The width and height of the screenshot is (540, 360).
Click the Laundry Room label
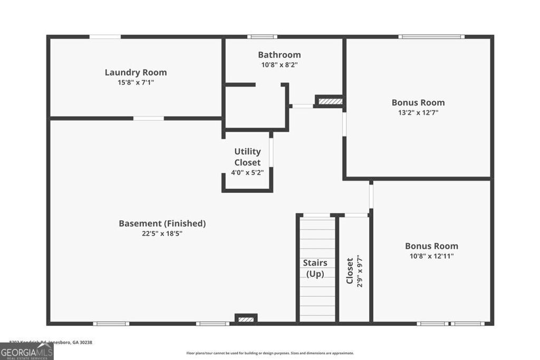136,73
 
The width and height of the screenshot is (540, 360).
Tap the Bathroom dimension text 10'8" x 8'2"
279,65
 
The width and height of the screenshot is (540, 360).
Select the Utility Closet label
247,157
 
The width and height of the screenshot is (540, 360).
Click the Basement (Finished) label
162,223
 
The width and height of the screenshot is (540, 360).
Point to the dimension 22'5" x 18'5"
162,233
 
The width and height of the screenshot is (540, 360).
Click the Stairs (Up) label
315,268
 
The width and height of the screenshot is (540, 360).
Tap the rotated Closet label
350,271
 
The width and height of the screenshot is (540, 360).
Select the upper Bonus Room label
418,103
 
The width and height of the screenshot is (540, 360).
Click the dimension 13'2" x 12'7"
418,113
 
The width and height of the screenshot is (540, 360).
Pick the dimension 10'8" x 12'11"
431,256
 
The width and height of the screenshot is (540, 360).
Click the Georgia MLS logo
26,352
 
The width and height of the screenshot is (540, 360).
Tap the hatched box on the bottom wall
246,319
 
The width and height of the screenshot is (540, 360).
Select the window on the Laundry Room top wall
105,37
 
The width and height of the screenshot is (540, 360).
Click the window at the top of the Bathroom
262,37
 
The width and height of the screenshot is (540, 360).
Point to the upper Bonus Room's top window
431,37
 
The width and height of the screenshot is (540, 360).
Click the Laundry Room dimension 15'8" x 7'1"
136,83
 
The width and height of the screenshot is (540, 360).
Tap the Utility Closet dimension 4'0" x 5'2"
247,172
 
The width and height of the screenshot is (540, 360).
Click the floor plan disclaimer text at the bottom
270,353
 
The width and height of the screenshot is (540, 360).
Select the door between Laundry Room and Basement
148,118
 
